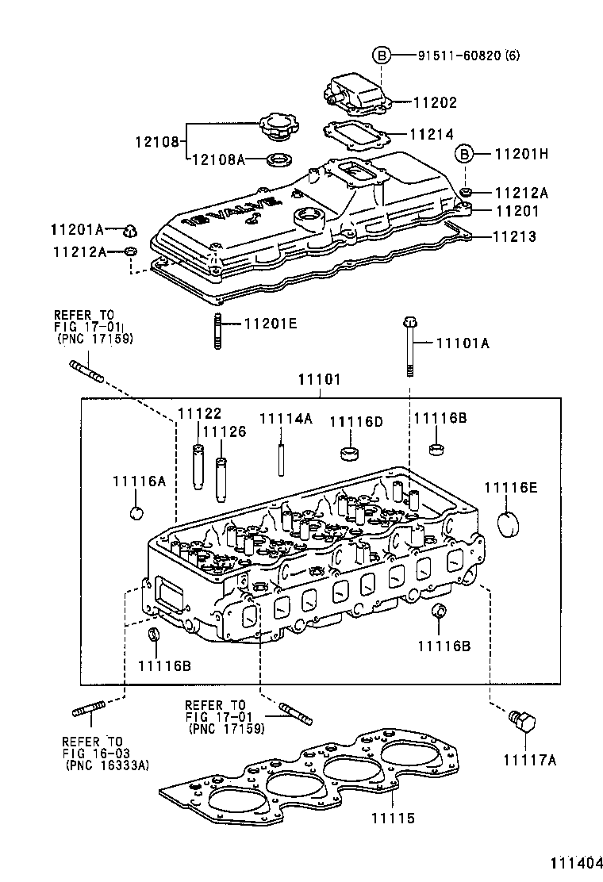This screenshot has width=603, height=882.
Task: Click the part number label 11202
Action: [435, 103]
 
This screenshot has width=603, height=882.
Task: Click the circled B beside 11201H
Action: [465, 154]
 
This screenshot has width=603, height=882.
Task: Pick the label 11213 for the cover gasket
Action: [514, 236]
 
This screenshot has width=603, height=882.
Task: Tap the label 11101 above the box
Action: [319, 380]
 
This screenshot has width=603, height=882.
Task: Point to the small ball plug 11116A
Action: [136, 512]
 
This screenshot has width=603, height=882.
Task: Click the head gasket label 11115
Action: [393, 818]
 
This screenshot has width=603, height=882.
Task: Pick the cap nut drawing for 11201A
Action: [129, 232]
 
